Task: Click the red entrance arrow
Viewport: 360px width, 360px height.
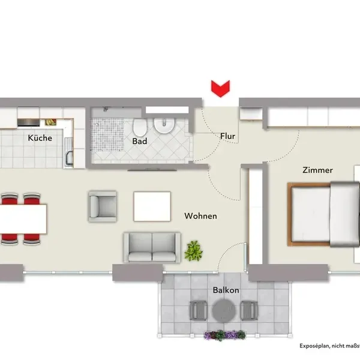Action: [220, 89]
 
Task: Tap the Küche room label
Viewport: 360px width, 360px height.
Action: [40, 138]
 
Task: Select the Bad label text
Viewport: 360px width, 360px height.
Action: [140, 141]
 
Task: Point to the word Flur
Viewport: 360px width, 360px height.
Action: [228, 136]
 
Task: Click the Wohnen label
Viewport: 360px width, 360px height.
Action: [200, 216]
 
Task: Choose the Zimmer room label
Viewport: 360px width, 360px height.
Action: [317, 170]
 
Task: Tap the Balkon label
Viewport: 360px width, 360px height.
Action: [226, 290]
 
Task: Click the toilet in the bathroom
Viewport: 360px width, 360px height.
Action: [140, 127]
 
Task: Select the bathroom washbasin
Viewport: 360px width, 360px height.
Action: [164, 125]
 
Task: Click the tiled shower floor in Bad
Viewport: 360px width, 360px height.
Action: [107, 134]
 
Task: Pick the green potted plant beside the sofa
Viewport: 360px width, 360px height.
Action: [194, 251]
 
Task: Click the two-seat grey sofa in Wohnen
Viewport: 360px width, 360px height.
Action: [152, 247]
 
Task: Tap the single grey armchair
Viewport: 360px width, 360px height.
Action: [103, 206]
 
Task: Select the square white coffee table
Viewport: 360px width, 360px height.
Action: [152, 206]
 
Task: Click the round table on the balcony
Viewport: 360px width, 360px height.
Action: [224, 310]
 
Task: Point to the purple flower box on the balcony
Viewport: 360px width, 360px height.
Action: [225, 335]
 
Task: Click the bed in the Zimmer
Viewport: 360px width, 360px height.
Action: [323, 214]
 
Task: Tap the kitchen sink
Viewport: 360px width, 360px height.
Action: [69, 152]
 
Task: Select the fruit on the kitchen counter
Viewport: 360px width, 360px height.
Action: [50, 122]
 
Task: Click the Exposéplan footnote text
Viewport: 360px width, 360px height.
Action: [329, 346]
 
